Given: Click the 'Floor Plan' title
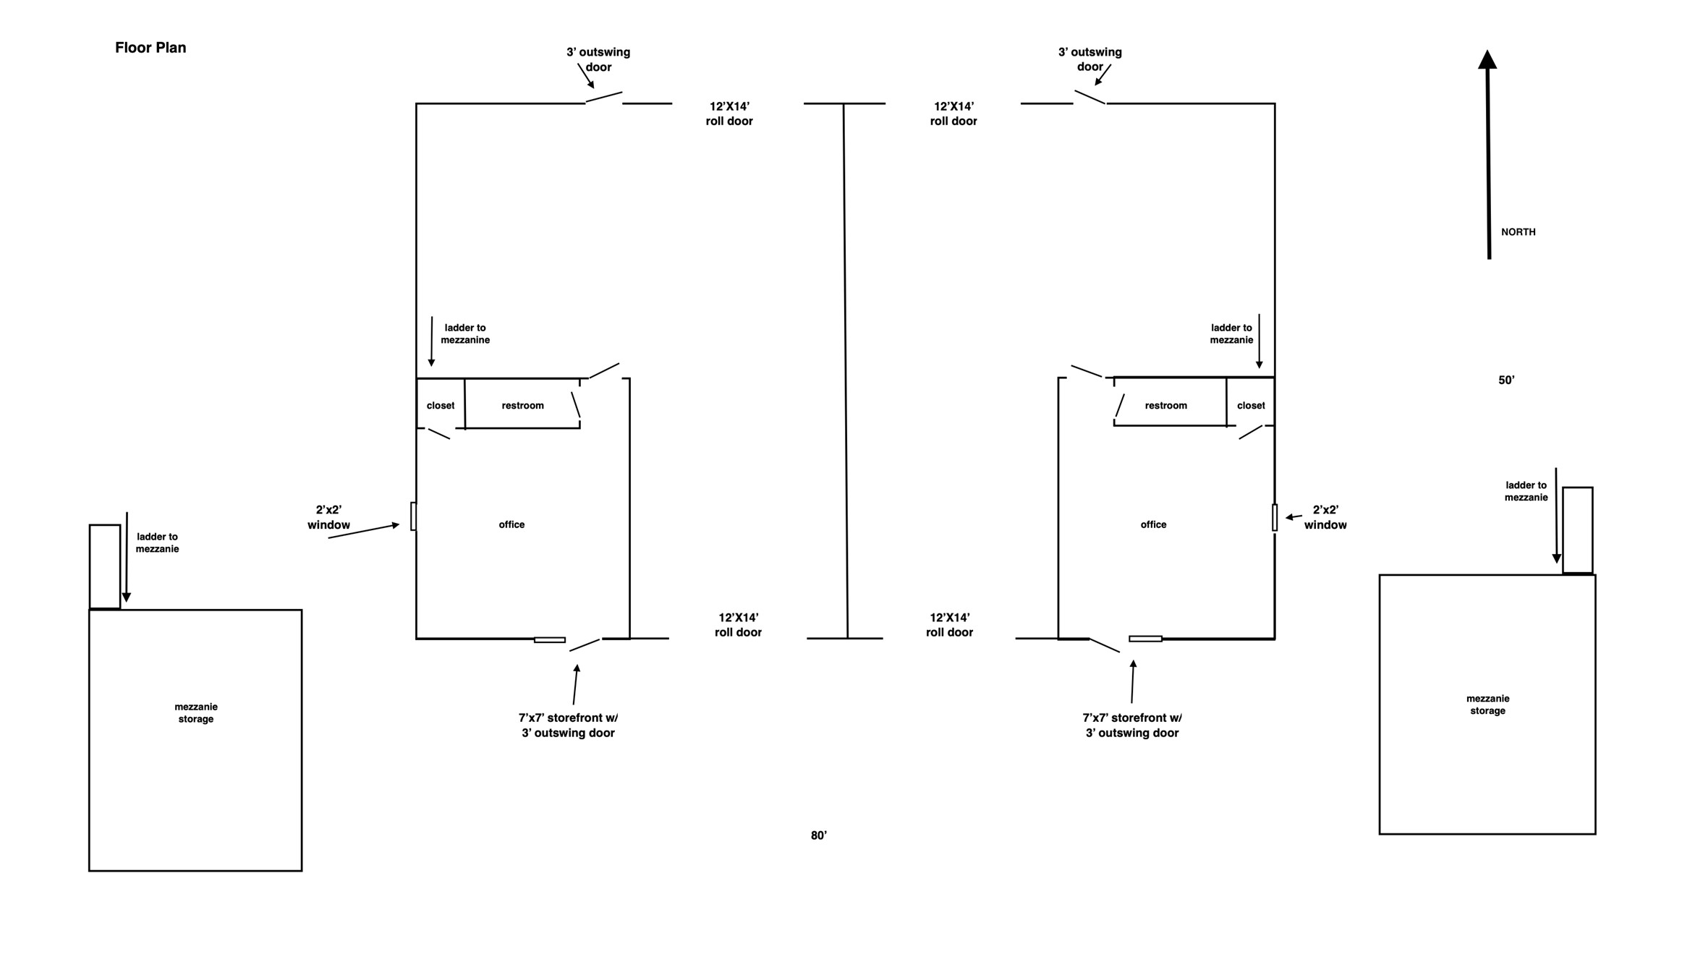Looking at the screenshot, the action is coord(150,48).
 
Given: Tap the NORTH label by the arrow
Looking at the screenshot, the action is coord(1518,232).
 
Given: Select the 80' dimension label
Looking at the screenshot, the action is coord(819,835).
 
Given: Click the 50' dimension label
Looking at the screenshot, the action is coord(1506,380).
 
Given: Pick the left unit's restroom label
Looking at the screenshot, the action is coord(522,406).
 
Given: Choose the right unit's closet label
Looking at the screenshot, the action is coord(1251,406).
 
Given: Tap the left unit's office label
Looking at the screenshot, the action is coord(511,524).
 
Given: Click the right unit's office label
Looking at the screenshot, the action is coord(1153,524).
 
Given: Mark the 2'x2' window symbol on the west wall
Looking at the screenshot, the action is coord(414,516).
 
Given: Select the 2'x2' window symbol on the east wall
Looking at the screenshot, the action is coord(1275,518).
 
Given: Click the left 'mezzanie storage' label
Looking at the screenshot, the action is coord(196,713).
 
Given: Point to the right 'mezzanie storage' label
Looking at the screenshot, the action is coord(1487,705).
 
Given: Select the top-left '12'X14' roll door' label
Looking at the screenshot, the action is coord(729,114).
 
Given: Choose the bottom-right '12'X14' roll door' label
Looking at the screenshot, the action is coord(949,625).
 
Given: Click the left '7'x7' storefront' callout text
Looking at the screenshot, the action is coord(568,726).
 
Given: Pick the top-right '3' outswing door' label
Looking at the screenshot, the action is coord(1089,59).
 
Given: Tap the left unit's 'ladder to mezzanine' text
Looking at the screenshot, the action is coord(465,334).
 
